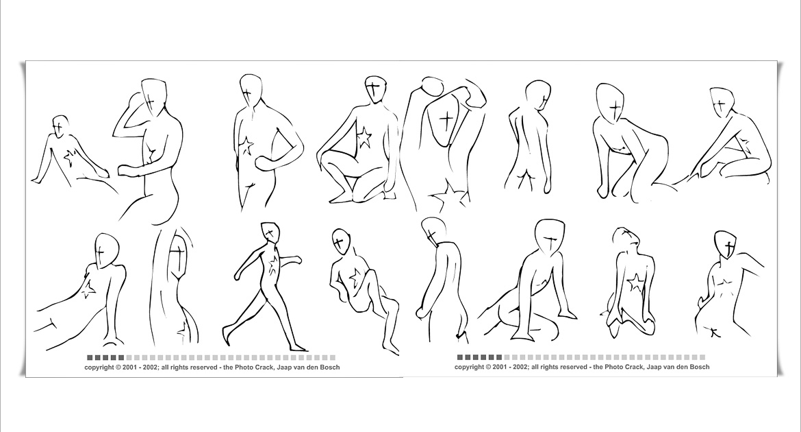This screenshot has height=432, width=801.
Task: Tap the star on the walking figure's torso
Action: [273, 265]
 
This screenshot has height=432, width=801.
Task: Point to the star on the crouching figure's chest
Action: [364, 139]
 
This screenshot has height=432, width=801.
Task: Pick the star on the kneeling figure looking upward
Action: [635, 283]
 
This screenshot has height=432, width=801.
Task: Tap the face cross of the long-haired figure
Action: [178, 253]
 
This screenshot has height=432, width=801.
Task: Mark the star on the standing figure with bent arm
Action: [247, 146]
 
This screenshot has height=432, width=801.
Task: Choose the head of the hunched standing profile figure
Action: [434, 230]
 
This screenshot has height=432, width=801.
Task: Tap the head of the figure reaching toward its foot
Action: [722, 102]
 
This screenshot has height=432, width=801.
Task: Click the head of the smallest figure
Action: [60, 126]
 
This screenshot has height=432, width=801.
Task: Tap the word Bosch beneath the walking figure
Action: [330, 367]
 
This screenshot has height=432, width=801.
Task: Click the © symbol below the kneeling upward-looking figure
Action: [488, 367]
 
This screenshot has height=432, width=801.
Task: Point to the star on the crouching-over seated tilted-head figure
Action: [355, 278]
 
